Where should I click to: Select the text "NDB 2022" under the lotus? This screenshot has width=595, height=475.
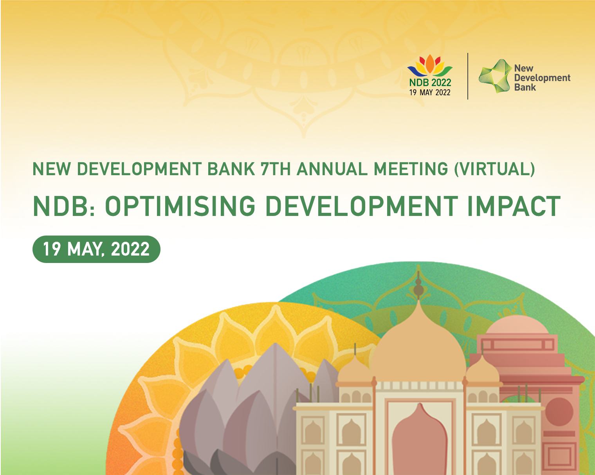(430, 82)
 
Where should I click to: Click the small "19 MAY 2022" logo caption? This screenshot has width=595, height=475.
(430, 92)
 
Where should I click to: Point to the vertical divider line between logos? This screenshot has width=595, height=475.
(468, 76)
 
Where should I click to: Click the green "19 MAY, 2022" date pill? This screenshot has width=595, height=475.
(96, 249)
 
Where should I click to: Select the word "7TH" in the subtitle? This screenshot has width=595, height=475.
(275, 169)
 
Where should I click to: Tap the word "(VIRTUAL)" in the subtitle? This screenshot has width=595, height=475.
(494, 169)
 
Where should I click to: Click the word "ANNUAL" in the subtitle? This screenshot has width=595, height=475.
(332, 169)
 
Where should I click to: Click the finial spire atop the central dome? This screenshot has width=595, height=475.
(418, 285)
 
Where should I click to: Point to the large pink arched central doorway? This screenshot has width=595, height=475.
(419, 440)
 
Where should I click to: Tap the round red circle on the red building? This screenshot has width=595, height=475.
(559, 412)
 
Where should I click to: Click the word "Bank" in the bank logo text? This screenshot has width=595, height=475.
(525, 87)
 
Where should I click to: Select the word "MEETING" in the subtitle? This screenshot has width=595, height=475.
(411, 169)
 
